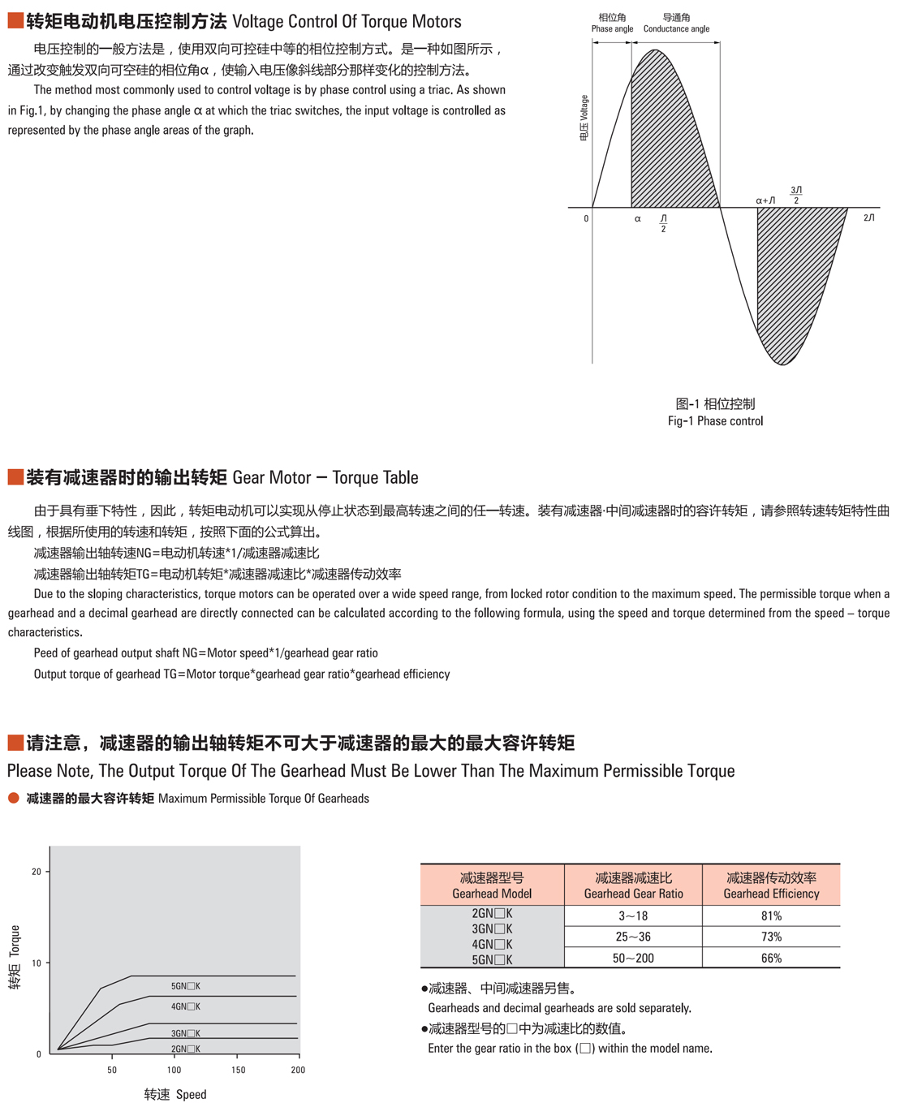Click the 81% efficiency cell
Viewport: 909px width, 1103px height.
coord(771,916)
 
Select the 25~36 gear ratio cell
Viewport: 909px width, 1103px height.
coord(633,937)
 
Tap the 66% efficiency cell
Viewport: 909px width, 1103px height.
coord(771,958)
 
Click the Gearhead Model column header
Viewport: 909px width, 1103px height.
coord(492,885)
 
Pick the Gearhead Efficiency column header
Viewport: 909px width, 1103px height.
coord(771,885)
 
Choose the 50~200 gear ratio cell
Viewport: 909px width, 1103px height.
coord(633,958)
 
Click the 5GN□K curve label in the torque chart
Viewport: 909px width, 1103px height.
coord(185,986)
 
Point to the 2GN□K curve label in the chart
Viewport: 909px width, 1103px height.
coord(185,1049)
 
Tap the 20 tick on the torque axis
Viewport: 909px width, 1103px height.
coord(36,872)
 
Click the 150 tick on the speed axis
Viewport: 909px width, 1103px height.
coord(238,1070)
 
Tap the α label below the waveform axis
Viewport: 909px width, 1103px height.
coord(637,219)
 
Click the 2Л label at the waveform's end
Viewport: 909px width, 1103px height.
coord(868,218)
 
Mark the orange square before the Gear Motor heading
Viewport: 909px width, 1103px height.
coord(15,477)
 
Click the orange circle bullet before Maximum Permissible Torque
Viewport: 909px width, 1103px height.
coord(13,798)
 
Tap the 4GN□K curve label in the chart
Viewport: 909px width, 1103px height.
coord(185,1006)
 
